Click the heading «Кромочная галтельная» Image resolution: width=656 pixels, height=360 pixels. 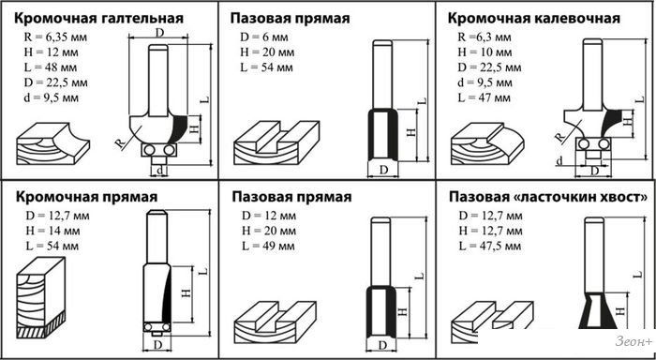point(99,19)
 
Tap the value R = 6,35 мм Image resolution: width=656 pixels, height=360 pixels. point(55,37)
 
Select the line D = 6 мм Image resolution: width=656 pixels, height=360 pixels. point(264,37)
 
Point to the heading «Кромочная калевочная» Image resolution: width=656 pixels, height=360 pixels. point(534,19)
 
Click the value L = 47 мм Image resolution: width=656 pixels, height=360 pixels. point(485,97)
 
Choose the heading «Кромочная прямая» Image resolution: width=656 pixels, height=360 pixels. point(86,197)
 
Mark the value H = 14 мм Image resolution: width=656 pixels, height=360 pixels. point(52,231)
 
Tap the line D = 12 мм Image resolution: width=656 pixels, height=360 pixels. point(269,216)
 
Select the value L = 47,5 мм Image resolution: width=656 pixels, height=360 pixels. point(490,247)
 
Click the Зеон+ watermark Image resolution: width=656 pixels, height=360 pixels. point(634,341)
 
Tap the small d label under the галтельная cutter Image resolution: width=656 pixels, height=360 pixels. point(159,170)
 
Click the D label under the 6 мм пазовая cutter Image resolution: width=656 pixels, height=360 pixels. point(383,170)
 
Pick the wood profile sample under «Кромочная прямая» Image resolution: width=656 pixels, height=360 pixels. point(41,297)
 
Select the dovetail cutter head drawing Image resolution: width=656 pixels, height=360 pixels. point(598,310)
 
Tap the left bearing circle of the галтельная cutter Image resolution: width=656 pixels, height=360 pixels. point(148,149)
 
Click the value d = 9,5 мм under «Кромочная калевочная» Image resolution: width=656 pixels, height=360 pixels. point(485,82)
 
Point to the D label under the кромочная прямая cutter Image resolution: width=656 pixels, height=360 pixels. point(157,345)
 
